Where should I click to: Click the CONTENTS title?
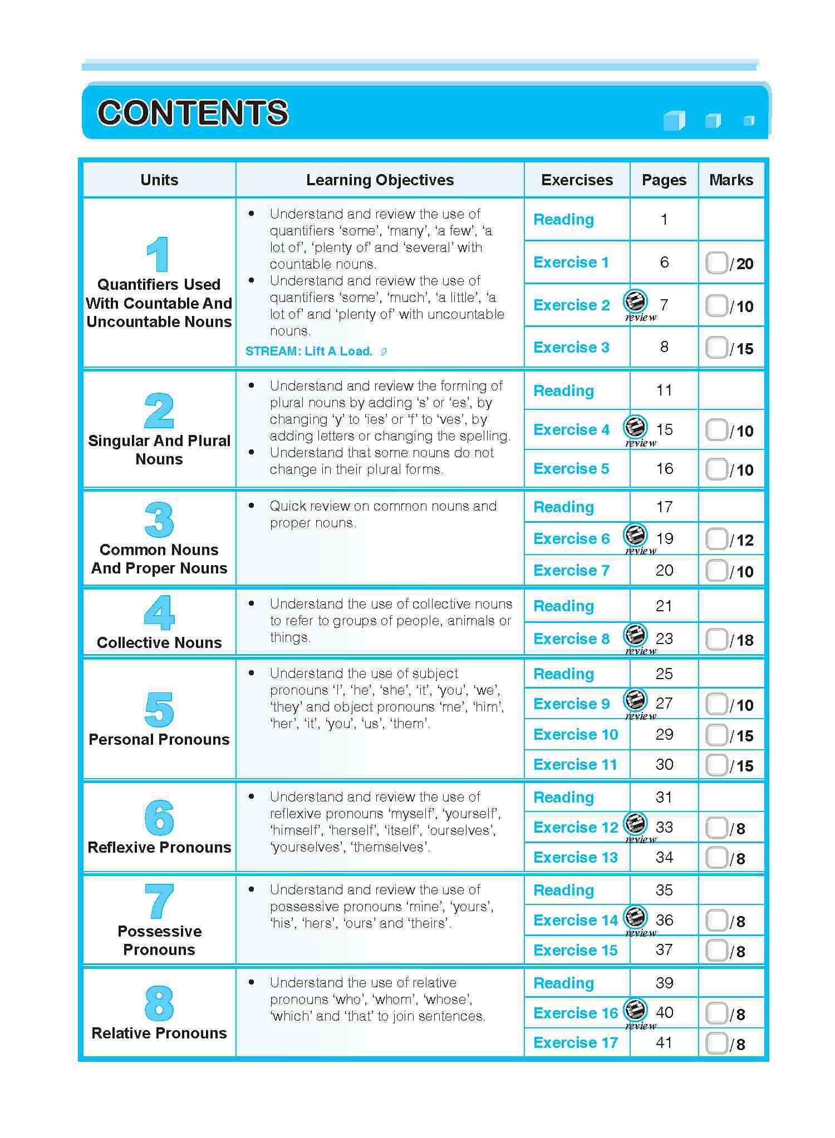(193, 112)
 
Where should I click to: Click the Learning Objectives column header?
(380, 180)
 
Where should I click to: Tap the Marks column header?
(731, 180)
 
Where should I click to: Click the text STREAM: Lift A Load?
(309, 352)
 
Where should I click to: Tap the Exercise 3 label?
(571, 348)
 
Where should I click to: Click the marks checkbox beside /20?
(716, 263)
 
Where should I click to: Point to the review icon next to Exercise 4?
(635, 428)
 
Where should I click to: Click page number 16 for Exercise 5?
(664, 469)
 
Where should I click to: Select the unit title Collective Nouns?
(159, 643)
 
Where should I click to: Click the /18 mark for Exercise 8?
(742, 640)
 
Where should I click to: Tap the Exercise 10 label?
(576, 735)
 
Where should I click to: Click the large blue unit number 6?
(159, 818)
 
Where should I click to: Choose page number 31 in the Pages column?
(664, 798)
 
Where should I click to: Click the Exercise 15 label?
(576, 951)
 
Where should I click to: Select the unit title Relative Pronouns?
(159, 1033)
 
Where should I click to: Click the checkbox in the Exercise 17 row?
(716, 1043)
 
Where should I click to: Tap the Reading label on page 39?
(563, 983)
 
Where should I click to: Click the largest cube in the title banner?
(674, 120)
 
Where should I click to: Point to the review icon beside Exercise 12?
(635, 824)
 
